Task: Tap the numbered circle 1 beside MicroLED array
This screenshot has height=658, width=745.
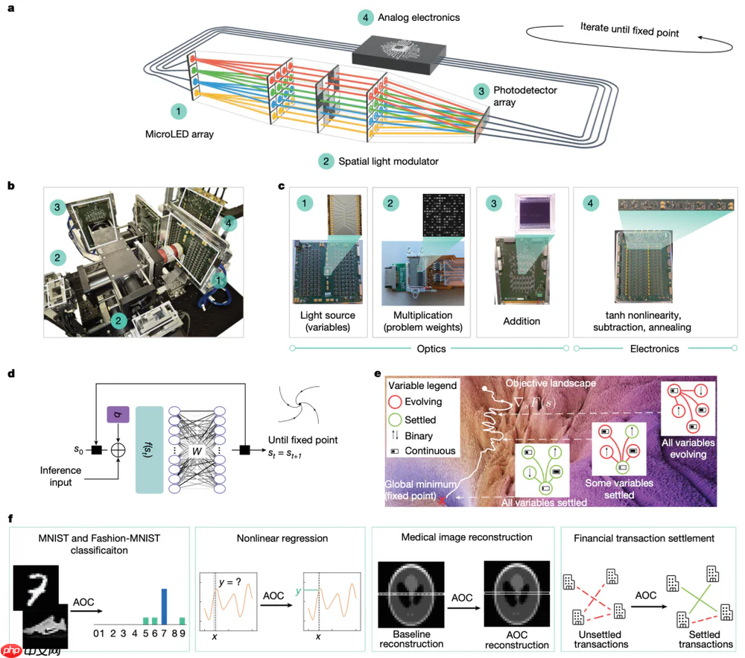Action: tap(179, 111)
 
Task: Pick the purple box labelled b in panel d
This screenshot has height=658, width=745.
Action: tap(119, 414)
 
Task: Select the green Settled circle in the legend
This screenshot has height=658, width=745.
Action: tap(396, 420)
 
